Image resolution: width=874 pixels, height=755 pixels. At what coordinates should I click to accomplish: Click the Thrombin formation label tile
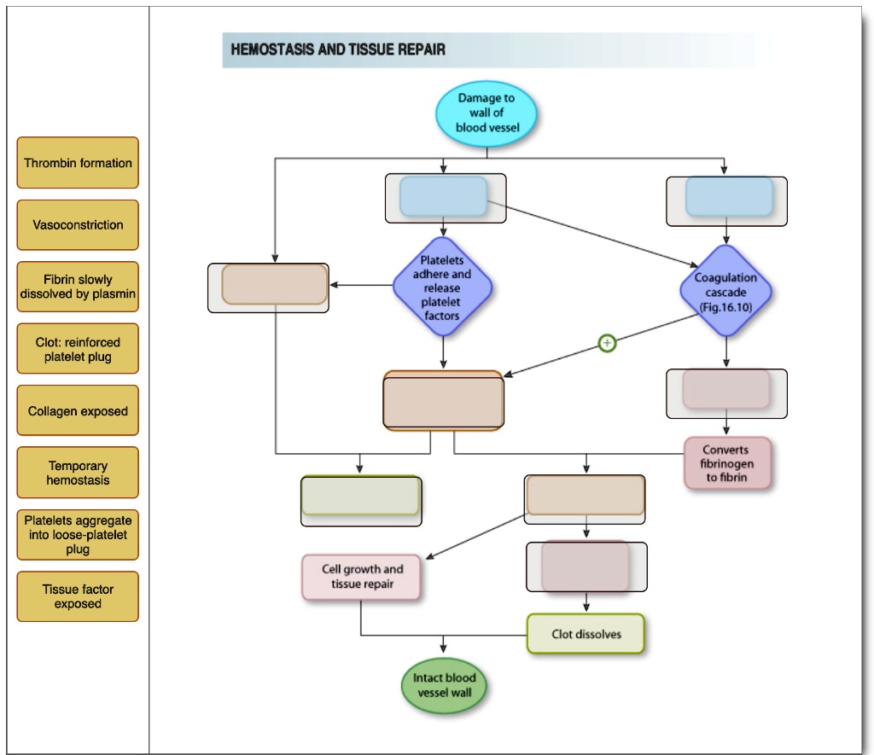pos(78,163)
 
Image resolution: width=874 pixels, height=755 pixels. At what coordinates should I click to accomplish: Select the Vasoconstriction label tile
pos(78,225)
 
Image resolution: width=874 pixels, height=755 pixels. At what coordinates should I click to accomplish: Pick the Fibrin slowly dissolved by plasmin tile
pos(78,287)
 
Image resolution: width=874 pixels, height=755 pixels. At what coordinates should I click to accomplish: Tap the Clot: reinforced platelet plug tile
pos(78,349)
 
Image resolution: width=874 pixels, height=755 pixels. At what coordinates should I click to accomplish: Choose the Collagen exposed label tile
pos(78,411)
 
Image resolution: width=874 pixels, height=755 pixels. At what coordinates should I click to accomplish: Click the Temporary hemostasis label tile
pos(78,473)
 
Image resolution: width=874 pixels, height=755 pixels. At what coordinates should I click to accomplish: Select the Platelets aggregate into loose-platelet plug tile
pos(78,535)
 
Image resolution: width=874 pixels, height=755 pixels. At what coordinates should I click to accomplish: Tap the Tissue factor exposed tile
pos(78,596)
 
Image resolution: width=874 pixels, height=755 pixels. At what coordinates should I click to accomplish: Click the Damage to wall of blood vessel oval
pos(487,113)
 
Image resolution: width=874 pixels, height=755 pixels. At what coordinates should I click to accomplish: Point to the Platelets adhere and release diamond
pos(442,287)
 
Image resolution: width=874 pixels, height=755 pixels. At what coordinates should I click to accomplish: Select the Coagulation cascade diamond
pos(725,292)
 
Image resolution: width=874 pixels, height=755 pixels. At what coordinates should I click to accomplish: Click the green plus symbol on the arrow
pos(607,343)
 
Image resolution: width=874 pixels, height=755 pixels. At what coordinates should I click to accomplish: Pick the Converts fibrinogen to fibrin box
pos(727,463)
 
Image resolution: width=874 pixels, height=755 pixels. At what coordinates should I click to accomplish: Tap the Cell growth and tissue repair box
pos(362,577)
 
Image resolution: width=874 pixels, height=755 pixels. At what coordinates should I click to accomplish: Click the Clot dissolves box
pos(586,634)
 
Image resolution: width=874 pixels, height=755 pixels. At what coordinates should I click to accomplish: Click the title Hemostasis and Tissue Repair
pos(338,49)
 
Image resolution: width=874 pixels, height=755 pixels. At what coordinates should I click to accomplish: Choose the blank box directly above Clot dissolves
pos(586,566)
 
